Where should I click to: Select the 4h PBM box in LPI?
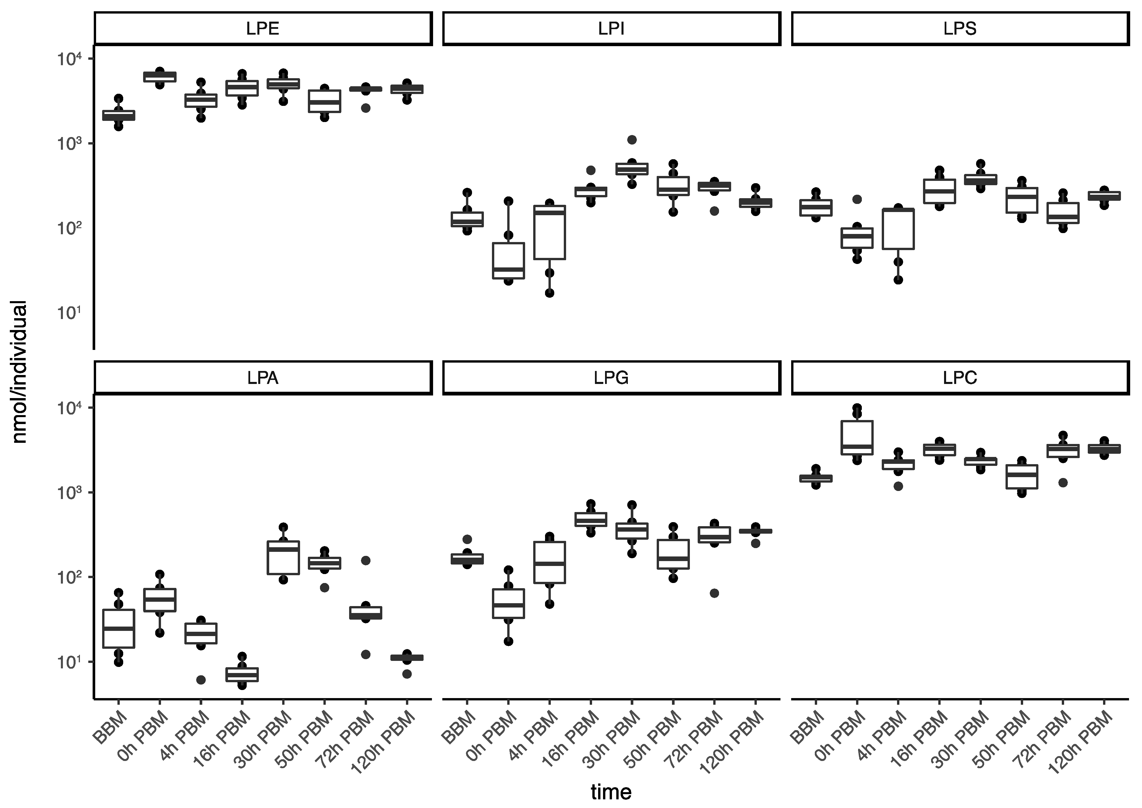click(549, 232)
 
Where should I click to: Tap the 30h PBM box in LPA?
click(283, 557)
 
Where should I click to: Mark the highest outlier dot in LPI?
click(632, 140)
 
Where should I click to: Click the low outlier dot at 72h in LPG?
click(714, 593)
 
